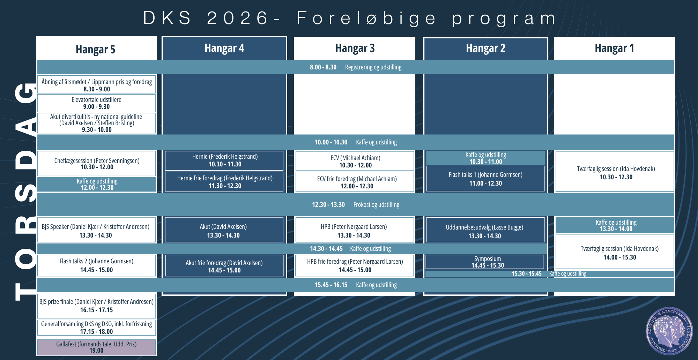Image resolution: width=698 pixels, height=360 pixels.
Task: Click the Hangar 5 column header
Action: click(x=96, y=49)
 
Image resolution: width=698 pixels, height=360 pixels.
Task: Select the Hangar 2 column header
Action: click(x=485, y=48)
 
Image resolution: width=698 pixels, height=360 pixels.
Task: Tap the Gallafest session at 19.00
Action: click(x=97, y=347)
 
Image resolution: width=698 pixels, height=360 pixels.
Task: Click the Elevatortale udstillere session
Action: click(x=97, y=103)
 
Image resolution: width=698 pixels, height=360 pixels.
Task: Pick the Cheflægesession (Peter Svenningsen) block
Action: click(x=97, y=163)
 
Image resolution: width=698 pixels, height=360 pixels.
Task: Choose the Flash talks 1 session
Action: click(x=485, y=179)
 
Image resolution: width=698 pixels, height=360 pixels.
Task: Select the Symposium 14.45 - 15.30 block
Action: click(x=485, y=262)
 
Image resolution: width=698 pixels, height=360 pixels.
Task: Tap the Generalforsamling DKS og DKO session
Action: click(x=97, y=328)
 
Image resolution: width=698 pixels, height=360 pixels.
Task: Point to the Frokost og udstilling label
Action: click(x=376, y=205)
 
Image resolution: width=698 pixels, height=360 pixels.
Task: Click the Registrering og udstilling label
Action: click(x=373, y=67)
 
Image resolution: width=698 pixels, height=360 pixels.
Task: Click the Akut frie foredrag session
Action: click(x=224, y=266)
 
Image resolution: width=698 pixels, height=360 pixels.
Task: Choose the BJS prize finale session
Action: click(x=97, y=306)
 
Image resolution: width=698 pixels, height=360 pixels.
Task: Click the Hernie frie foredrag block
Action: click(x=224, y=181)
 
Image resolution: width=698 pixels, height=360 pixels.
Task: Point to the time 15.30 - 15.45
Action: click(x=527, y=274)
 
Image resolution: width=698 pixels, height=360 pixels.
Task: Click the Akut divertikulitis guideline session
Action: click(x=97, y=123)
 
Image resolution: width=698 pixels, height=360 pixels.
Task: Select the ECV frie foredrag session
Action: click(x=355, y=182)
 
